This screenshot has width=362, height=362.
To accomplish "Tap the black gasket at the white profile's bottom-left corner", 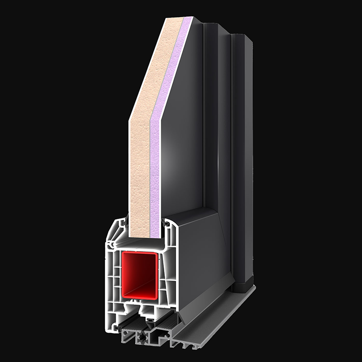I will click(118, 328).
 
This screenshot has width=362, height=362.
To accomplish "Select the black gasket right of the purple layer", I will click(166, 223).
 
